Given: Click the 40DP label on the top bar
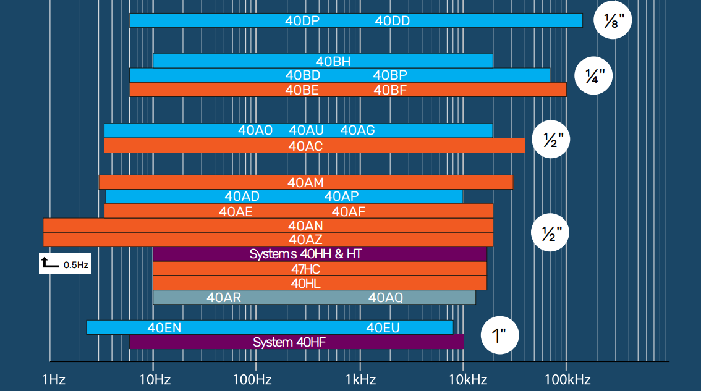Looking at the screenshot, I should coord(302,20).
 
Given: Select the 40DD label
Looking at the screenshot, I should coord(393,20).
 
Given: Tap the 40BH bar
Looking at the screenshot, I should coord(323,61).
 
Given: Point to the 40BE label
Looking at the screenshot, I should coord(302,90).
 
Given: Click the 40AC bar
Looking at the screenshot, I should coord(314,146).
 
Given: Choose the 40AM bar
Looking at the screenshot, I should coord(305,182).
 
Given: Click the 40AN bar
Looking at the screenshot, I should coord(268,225).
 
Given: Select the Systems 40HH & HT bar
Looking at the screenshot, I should coord(320,254).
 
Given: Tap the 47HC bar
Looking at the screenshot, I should coord(320,269).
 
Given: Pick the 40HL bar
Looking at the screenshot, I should coord(320,283).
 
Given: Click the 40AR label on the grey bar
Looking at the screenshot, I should coord(224,297).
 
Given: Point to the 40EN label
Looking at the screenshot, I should coord(164,327).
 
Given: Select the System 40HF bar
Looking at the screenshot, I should coord(296,342).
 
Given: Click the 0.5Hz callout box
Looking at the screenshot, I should coord(65,264).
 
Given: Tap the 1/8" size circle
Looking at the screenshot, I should coord(613,20).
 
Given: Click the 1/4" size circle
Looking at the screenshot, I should coord(595,75).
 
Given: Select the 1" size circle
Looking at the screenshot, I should coord(499,337).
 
